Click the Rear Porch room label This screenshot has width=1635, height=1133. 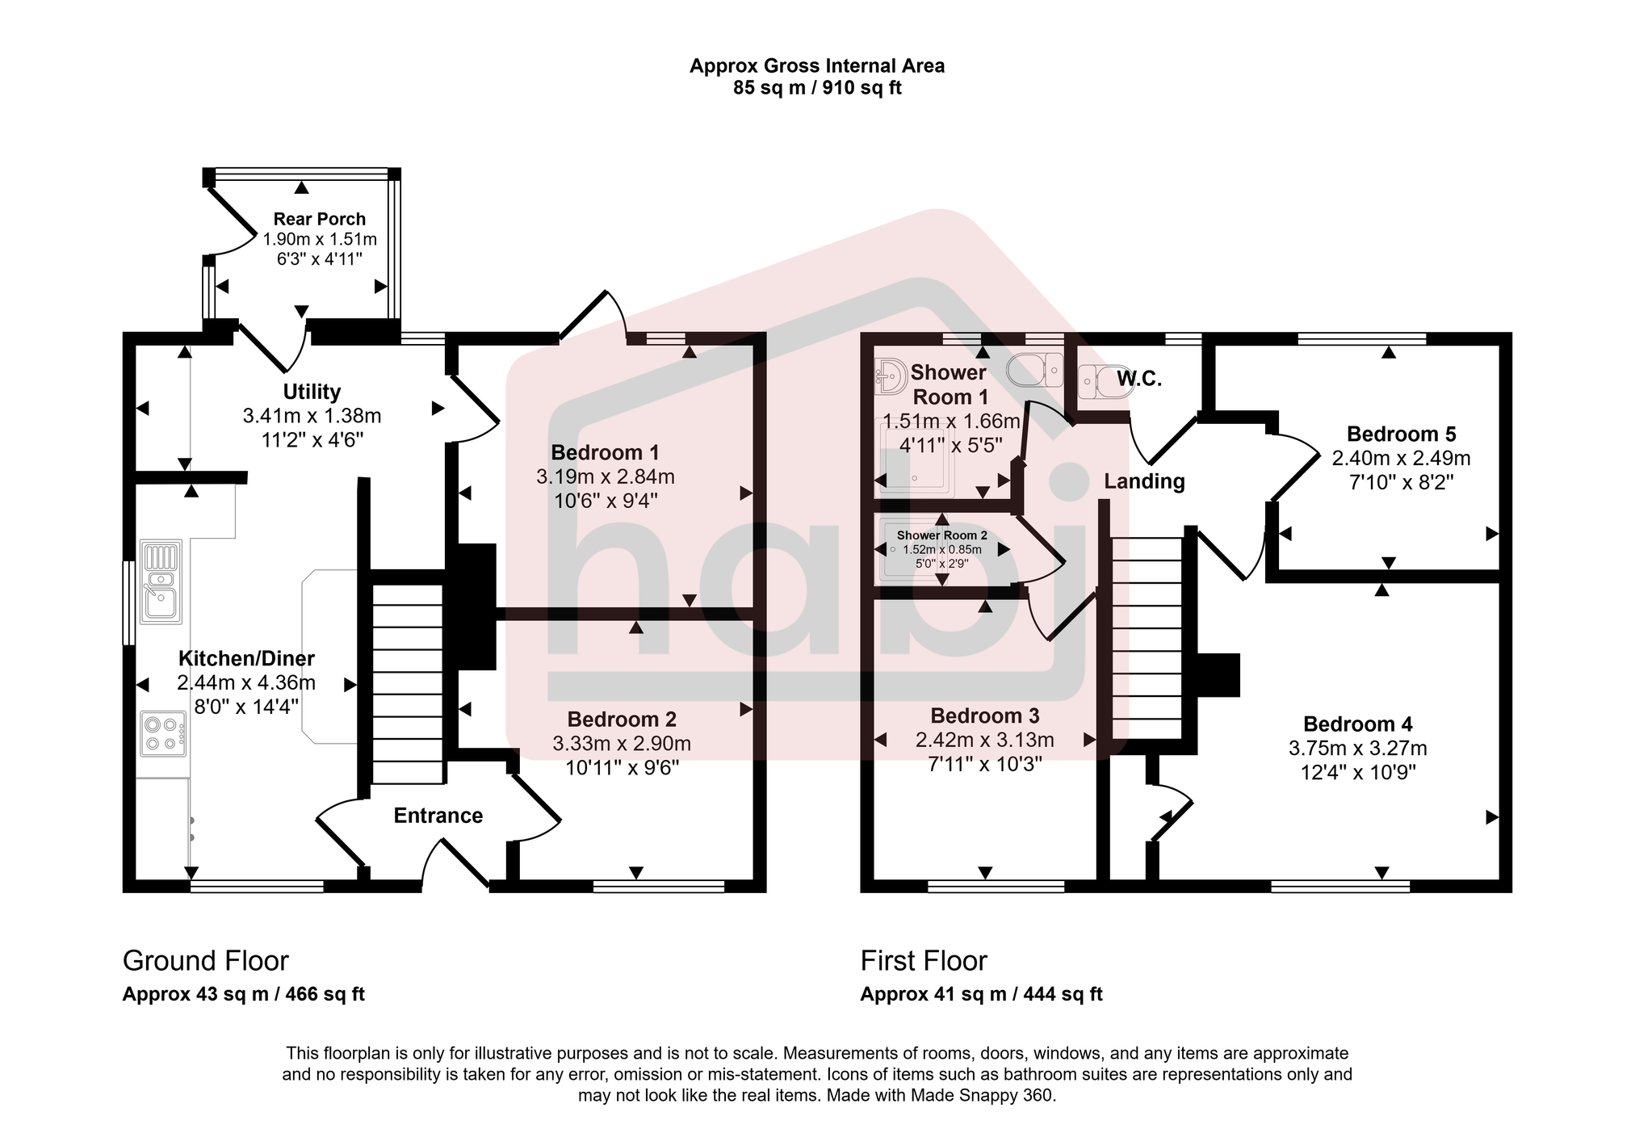[x=319, y=219]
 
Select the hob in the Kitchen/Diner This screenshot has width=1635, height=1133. [x=162, y=733]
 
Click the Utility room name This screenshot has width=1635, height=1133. [x=312, y=392]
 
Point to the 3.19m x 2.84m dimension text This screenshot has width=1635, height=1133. [x=605, y=476]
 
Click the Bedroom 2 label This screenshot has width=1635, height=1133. [x=621, y=719]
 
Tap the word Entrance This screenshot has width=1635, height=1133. [x=438, y=816]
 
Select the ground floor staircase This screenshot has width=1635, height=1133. [x=408, y=683]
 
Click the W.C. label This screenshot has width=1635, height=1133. [x=1139, y=379]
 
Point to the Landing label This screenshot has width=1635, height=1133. [x=1144, y=481]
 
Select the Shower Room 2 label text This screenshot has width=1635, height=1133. [x=941, y=535]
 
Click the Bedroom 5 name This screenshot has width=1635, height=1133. [x=1401, y=434]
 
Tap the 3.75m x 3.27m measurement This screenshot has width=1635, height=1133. [x=1357, y=749]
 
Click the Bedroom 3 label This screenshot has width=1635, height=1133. [x=984, y=715]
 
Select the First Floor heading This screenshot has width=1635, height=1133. [x=924, y=961]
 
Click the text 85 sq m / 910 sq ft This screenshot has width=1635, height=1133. [x=816, y=88]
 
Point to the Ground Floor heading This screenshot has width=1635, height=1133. [x=205, y=961]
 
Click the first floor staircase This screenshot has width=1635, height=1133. [x=1147, y=638]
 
